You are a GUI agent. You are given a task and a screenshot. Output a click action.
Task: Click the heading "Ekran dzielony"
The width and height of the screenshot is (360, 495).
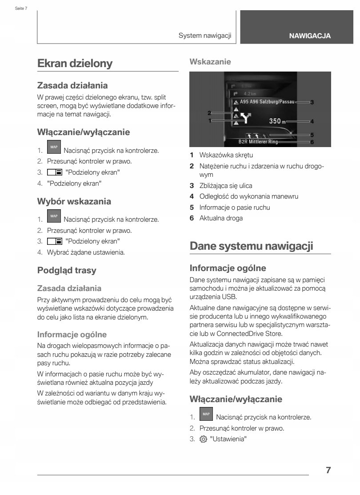[74, 64]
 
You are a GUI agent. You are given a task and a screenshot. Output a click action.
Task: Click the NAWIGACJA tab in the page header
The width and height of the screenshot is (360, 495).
[309, 36]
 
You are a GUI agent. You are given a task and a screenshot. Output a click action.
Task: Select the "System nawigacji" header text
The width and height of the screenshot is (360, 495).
[205, 36]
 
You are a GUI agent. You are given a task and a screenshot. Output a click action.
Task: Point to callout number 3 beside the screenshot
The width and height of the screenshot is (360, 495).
[312, 102]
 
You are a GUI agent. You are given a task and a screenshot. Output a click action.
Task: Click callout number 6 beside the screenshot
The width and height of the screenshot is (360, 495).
[312, 142]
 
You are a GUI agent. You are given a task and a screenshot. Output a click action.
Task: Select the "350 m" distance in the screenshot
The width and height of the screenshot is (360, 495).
[278, 120]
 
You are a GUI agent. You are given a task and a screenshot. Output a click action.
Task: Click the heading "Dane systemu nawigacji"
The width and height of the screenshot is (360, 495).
[252, 246]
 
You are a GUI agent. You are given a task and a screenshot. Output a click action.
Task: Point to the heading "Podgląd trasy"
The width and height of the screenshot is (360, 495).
[67, 270]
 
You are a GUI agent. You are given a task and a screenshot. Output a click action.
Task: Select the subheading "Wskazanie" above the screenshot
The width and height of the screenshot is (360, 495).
[210, 62]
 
